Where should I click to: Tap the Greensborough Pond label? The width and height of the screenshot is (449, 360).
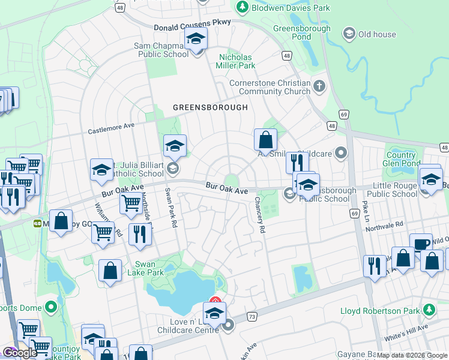pos(302,32)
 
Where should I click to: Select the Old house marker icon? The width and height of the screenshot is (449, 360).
pos(349,34)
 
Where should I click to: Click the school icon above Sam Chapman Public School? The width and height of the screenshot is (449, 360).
pos(196,40)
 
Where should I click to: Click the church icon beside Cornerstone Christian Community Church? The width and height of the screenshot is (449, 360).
pos(319,87)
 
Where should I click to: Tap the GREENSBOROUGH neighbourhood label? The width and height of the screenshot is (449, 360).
pos(210,107)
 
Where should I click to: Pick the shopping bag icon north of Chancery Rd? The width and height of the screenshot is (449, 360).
pos(265,141)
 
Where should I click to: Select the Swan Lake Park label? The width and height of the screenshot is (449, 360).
pos(149,268)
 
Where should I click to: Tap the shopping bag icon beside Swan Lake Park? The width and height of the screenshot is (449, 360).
pos(111,271)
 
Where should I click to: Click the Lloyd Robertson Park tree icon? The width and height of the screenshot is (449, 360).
pos(429,310)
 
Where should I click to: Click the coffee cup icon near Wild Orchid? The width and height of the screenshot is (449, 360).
pos(421,245)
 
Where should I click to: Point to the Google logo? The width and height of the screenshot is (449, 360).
pos(19,353)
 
